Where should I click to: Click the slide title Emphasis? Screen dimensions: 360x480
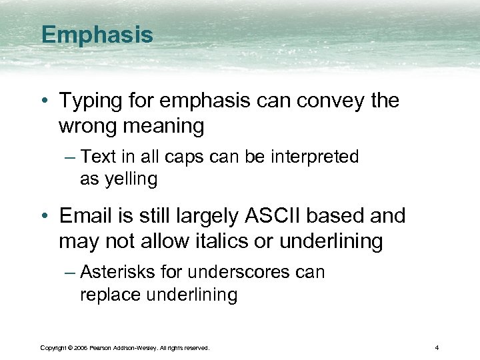(x=97, y=35)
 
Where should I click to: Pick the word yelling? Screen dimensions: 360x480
(x=119, y=179)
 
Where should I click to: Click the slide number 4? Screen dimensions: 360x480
(x=436, y=348)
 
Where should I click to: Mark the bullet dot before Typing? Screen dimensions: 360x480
(x=45, y=102)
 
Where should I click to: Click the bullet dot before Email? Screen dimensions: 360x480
(x=45, y=217)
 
